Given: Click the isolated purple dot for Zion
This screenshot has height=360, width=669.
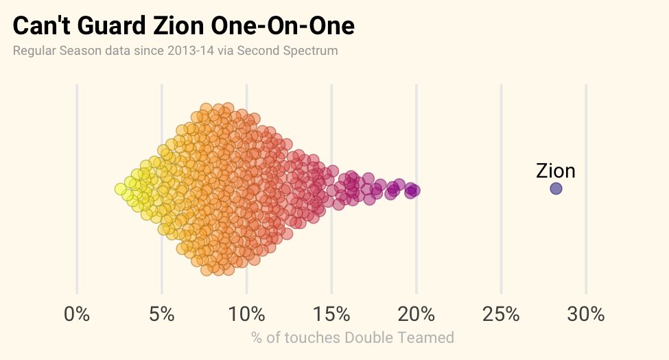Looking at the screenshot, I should click(x=556, y=189).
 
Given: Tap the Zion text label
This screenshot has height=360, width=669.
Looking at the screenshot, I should click(x=555, y=171).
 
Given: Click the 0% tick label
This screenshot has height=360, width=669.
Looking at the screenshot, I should click(x=77, y=315).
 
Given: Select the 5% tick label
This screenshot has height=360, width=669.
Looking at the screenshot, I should click(x=161, y=315).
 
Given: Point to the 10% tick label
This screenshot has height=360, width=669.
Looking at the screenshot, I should click(x=246, y=315).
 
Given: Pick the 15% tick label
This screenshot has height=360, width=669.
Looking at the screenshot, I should click(x=331, y=315).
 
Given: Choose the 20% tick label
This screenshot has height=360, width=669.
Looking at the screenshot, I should click(x=416, y=315).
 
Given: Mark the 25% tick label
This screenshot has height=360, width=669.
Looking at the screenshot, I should click(x=501, y=315).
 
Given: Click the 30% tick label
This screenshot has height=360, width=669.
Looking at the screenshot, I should click(x=586, y=315).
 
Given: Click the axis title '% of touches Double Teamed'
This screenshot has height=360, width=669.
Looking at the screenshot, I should click(x=352, y=337).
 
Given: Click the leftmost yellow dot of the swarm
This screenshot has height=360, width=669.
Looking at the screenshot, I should click(x=120, y=189).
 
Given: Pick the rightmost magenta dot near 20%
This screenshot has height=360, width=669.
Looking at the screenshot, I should click(x=413, y=191).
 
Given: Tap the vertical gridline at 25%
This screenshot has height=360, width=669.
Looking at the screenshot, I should click(x=501, y=137).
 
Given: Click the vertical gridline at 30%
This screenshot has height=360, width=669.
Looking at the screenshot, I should click(x=586, y=137).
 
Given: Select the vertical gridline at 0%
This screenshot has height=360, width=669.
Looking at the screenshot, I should click(x=77, y=137).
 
